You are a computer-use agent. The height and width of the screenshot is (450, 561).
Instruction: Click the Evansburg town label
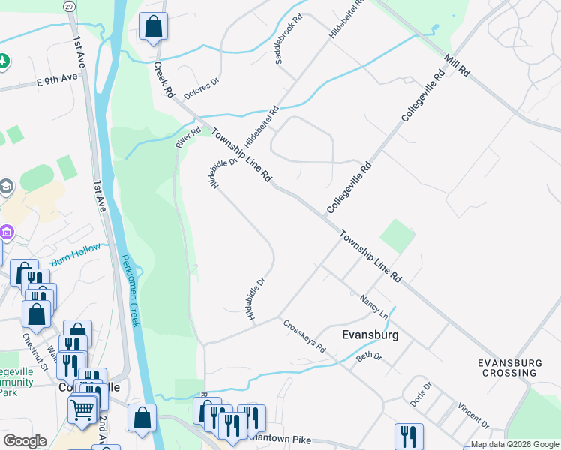[369, 335]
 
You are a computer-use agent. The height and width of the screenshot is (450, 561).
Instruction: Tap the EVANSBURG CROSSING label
[509, 367]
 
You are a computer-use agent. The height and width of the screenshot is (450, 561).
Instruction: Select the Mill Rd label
[456, 65]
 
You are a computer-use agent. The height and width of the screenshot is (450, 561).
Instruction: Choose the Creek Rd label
[163, 79]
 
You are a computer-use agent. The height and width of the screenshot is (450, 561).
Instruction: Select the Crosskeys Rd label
[304, 337]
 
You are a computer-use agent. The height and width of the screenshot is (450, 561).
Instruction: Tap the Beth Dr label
[369, 356]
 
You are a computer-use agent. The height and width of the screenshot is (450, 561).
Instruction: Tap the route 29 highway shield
[69, 6]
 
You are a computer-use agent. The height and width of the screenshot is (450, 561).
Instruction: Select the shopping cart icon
[82, 409]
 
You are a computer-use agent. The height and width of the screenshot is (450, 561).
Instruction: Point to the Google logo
[25, 441]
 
